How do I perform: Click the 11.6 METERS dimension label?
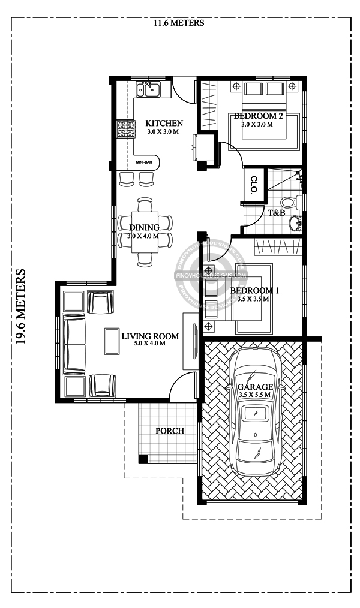click(179, 23)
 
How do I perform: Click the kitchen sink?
click(148, 90)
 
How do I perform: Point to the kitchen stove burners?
click(126, 129)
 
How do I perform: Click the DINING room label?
click(144, 227)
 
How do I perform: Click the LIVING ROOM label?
click(150, 336)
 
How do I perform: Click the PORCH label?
click(170, 431)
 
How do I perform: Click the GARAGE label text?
click(256, 387)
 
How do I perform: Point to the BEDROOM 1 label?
click(254, 291)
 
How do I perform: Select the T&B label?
click(276, 212)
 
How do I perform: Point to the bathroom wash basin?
click(295, 223)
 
